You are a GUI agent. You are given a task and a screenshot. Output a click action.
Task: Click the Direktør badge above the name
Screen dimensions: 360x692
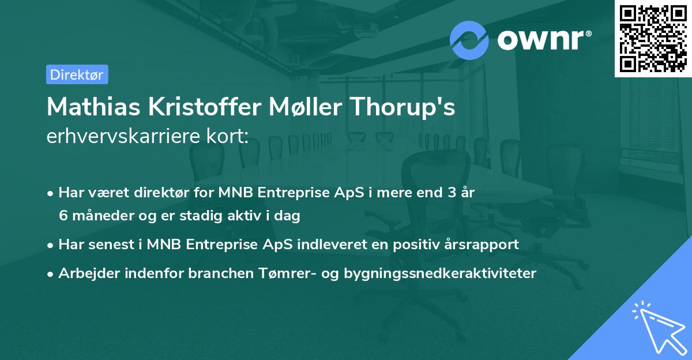point(77,74)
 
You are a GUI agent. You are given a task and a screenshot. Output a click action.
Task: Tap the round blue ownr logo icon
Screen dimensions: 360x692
point(469,40)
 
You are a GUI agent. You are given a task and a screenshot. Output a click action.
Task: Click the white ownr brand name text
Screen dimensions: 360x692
point(542,40)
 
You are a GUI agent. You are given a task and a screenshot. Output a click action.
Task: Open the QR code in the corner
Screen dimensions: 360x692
point(652,38)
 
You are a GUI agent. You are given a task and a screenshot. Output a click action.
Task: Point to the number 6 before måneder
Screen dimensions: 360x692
point(63,216)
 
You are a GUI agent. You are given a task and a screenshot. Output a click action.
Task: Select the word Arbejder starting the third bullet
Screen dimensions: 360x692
point(85,273)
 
